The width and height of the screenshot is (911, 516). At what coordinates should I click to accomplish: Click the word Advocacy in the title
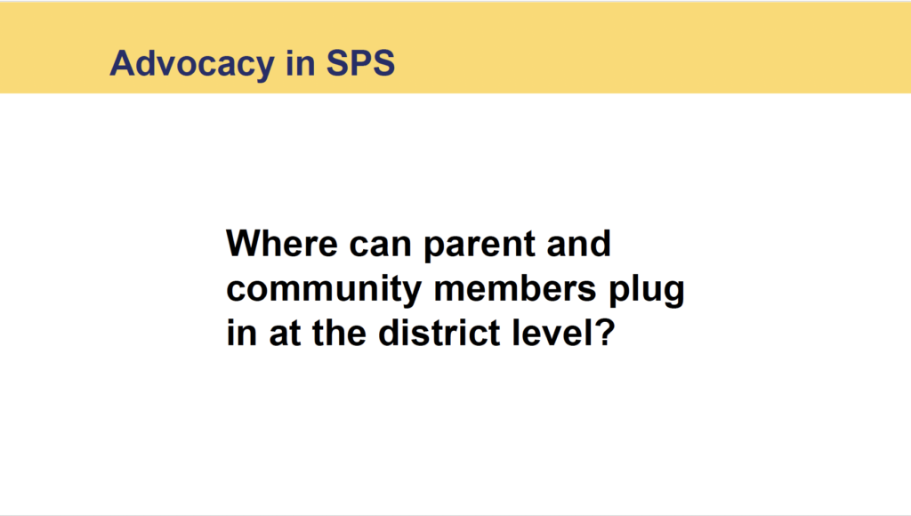coord(192,64)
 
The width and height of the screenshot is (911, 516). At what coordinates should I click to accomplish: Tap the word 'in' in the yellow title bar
coord(301,62)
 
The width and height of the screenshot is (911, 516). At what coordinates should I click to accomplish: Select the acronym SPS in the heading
coord(360,62)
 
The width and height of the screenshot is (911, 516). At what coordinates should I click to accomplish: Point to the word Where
coord(282,243)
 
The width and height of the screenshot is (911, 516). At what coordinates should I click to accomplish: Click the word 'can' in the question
coord(381,246)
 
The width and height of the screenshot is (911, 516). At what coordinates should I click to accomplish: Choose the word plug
coord(646,292)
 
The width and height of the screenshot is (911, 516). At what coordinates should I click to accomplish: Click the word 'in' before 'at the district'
coord(241,333)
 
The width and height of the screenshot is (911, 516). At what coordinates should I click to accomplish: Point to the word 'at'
coord(285,335)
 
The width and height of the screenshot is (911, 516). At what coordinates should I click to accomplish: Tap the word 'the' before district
coord(339,333)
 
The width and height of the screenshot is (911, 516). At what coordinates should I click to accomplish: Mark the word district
coord(439,333)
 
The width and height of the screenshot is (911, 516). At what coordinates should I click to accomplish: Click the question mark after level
coord(604,333)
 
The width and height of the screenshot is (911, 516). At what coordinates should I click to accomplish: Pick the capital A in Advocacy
coord(124,63)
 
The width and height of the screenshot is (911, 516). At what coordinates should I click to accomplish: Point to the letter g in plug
coord(673,294)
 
